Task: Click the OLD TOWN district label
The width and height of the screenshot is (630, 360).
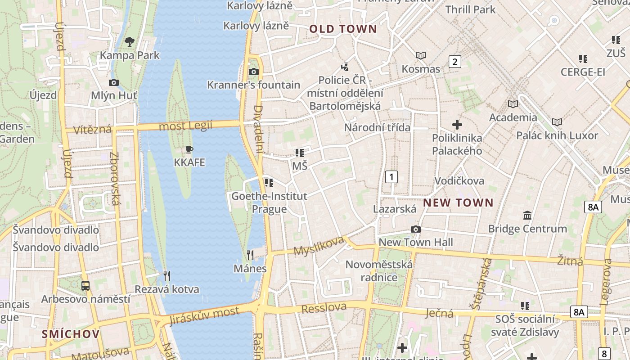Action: [343, 29]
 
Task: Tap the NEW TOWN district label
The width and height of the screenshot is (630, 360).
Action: [458, 203]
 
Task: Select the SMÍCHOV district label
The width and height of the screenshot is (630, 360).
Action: [71, 334]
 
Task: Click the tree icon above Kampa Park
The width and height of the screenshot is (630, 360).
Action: [130, 42]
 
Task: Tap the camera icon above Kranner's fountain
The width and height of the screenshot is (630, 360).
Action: [253, 72]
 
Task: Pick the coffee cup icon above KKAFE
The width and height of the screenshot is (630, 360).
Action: [189, 149]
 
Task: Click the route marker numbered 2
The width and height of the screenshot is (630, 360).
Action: [454, 62]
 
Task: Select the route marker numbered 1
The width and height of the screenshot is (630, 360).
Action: [391, 177]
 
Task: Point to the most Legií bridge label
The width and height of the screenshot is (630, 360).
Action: [185, 126]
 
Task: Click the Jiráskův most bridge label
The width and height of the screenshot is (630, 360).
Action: [205, 315]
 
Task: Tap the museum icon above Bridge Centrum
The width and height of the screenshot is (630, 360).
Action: [527, 216]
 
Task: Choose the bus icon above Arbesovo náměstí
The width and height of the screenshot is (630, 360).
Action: [85, 285]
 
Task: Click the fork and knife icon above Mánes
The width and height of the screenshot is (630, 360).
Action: [250, 255]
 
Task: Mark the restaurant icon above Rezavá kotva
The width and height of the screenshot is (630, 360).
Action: [166, 275]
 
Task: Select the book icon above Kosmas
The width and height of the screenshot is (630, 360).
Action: [421, 55]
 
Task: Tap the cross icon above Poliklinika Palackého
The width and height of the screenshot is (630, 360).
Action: [457, 125]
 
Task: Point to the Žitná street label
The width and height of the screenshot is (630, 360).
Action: [570, 261]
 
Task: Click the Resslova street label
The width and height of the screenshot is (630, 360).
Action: [324, 308]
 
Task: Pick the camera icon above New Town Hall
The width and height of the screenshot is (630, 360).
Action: [416, 229]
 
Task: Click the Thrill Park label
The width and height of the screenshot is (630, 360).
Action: [470, 9]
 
